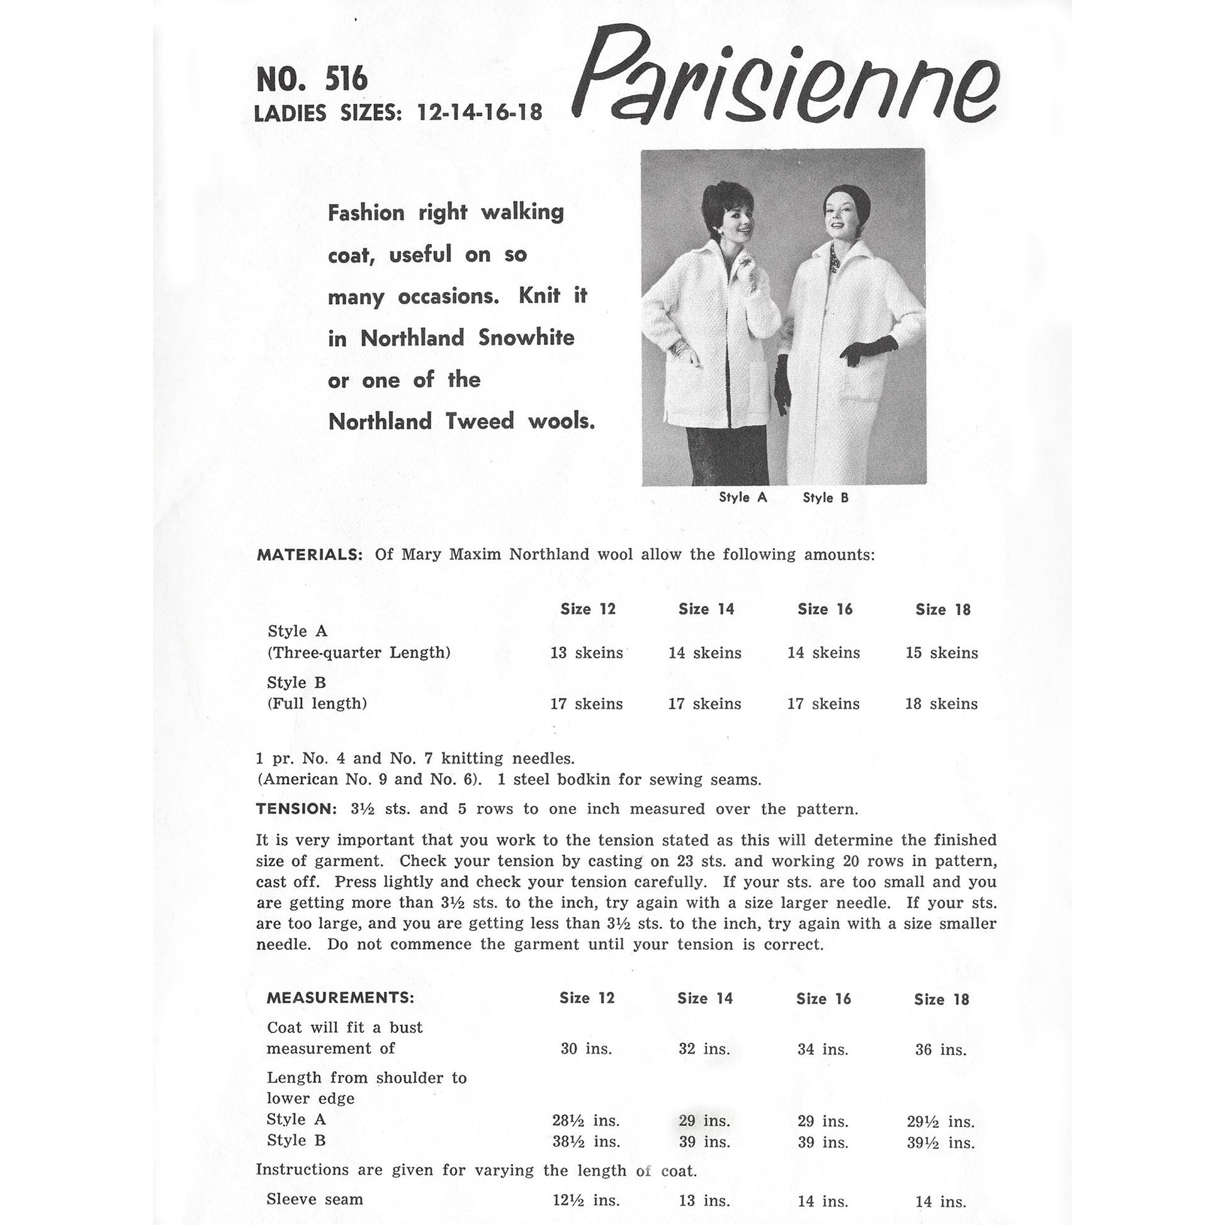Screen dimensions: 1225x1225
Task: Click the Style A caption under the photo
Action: click(x=742, y=498)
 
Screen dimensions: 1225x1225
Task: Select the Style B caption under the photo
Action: click(x=825, y=499)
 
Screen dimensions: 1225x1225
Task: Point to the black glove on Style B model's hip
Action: click(x=869, y=351)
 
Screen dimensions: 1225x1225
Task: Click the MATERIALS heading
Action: click(x=310, y=555)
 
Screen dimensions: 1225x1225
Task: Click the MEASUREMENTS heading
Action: click(x=341, y=998)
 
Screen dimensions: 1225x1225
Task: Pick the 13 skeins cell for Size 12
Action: click(x=587, y=653)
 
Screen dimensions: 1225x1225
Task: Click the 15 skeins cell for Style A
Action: click(x=942, y=653)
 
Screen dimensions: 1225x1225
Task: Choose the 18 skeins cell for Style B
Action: click(x=942, y=704)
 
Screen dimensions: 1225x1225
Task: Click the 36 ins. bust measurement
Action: click(x=941, y=1050)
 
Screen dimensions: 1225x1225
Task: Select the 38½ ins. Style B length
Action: click(x=587, y=1143)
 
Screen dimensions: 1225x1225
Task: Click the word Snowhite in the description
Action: click(x=526, y=338)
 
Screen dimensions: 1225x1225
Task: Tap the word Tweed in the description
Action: click(x=479, y=422)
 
